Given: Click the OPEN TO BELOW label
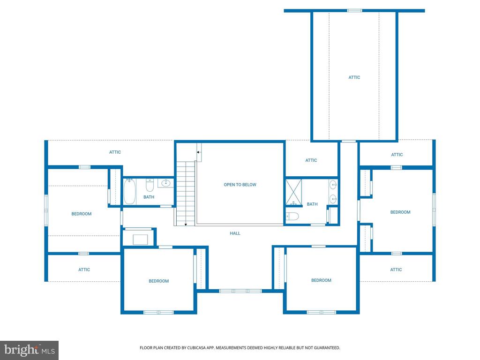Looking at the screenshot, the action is pos(240,185).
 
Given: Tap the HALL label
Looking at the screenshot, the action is pos(235,233).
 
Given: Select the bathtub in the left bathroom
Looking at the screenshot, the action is pos(129,191).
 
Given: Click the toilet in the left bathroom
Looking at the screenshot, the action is pos(150,185).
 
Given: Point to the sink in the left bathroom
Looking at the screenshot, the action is pos(165,183).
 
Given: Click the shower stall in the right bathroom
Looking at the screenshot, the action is pos(293,193).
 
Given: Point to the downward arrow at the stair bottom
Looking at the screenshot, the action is pos(186,224).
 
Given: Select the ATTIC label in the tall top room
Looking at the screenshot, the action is pos(354,77).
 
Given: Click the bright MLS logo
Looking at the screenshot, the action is pos(29,350).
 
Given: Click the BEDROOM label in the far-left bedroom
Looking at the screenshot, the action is pos(82,214).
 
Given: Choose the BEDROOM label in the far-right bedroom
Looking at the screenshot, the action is pos(400,212).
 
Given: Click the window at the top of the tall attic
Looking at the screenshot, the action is pos(354,11).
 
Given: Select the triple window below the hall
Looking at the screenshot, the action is pos(240,291).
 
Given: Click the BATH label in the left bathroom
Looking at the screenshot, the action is pos(149,197).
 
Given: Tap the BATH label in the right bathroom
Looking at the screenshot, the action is pos(312,204).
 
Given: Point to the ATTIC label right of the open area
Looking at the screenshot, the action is pos(311,160).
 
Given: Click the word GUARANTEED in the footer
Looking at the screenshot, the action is pos(327,348).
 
